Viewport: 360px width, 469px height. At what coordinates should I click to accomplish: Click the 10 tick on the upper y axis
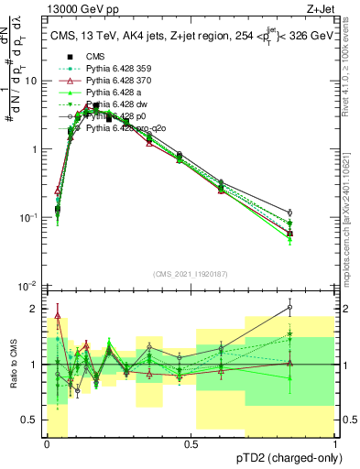(33, 81)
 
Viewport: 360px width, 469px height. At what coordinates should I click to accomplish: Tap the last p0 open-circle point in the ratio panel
(315, 308)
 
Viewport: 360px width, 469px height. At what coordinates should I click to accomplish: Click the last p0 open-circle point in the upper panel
(315, 213)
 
